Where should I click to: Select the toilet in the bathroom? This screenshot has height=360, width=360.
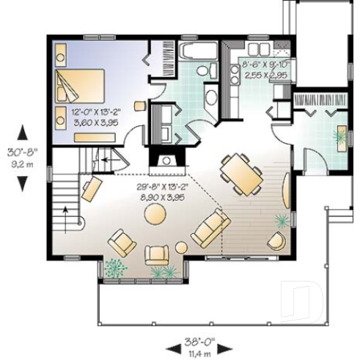[210, 70]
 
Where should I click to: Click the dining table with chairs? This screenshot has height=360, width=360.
[240, 173]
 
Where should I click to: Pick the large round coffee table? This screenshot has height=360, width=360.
[155, 213]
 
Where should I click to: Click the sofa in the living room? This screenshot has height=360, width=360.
[210, 228]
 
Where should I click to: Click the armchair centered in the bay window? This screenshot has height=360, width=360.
[158, 254]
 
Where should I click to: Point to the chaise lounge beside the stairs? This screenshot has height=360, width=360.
[91, 189]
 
